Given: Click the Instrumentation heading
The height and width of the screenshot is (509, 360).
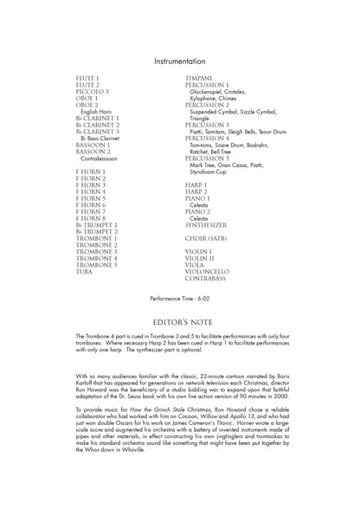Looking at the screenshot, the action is coord(179,62).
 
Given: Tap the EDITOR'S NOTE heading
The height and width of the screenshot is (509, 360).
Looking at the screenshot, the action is coord(179,319).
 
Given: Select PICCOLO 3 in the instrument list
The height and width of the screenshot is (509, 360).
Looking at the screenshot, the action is coord(93,91).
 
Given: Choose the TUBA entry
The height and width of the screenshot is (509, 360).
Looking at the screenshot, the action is coord(87,272).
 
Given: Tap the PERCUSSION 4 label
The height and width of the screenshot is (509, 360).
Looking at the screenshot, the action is coord(208,138).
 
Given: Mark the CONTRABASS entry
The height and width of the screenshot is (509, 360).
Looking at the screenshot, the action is coord(209,278).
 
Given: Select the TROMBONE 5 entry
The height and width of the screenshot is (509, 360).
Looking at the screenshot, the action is coord(97,265).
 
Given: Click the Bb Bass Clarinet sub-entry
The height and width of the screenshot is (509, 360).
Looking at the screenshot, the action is coord(102,138).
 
